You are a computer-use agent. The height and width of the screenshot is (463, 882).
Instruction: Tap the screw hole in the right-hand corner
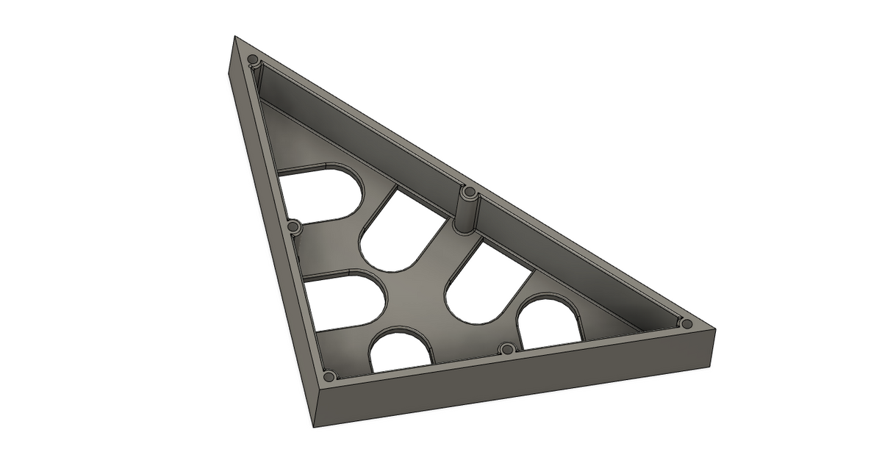686,323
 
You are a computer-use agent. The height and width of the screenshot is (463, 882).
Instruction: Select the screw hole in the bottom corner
329,376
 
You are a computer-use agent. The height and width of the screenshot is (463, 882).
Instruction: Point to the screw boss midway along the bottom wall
505,348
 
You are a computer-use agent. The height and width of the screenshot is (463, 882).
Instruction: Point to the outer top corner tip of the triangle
235,36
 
